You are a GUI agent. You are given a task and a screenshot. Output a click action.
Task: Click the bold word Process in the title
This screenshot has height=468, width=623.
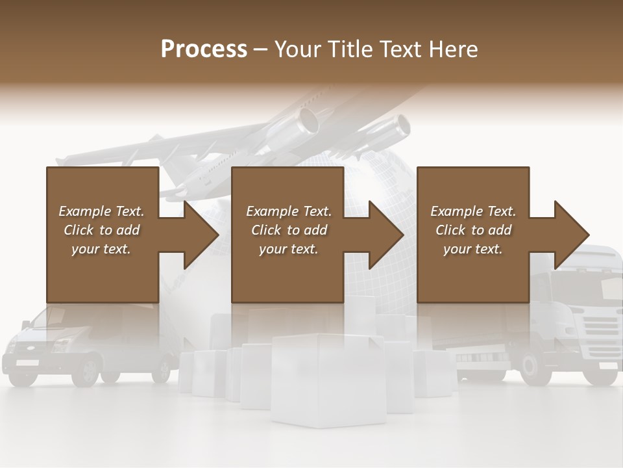coord(204,49)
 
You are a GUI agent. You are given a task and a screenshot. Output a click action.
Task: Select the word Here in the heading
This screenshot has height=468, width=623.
coord(454,49)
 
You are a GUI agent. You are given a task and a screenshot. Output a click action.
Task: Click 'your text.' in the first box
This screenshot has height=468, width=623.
coord(101,249)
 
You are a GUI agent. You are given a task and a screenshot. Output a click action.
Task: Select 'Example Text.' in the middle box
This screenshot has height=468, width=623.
coord(288,211)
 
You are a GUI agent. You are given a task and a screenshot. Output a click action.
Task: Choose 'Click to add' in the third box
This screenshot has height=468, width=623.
coord(474,230)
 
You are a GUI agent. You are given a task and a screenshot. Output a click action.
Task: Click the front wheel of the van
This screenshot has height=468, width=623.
coord(86,370)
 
